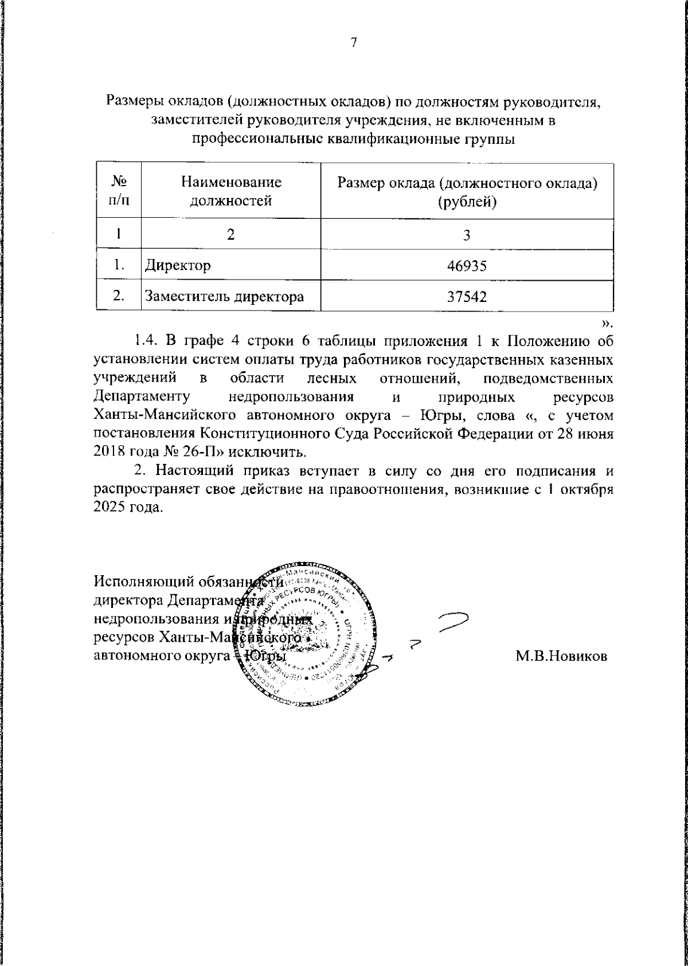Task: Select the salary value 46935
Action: coord(467,265)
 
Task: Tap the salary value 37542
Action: coord(467,296)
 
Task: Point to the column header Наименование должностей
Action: coord(230,191)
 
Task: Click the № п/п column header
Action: coord(119,191)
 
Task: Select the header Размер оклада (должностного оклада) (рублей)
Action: coord(467,191)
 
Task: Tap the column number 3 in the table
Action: coord(467,235)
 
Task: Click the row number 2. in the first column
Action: coord(119,296)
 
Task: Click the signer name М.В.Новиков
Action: coord(561,657)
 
